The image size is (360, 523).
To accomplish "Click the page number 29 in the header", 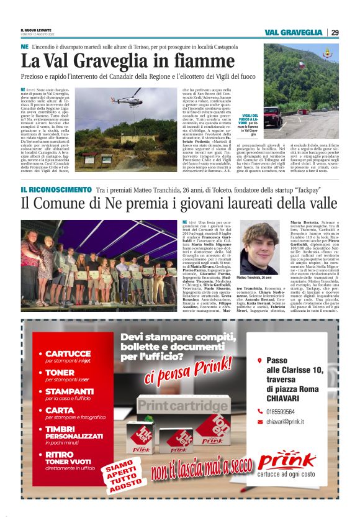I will pyautogui.click(x=335, y=32).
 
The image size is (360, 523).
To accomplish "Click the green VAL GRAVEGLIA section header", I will pyautogui.click(x=293, y=32).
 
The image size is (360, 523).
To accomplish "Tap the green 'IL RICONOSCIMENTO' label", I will pyautogui.click(x=56, y=188).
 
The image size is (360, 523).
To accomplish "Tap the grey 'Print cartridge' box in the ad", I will pyautogui.click(x=182, y=406).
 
